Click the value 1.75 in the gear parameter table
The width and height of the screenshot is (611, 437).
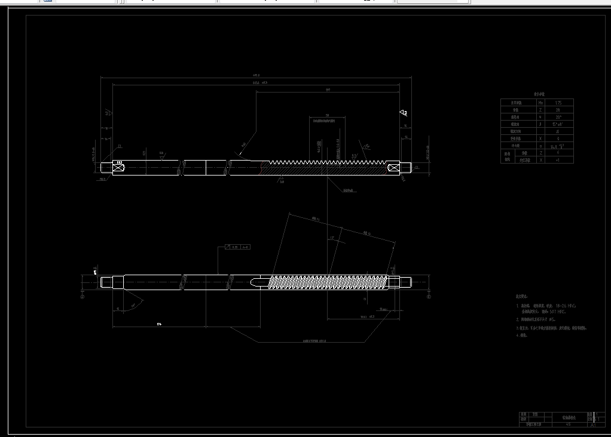tap(558, 103)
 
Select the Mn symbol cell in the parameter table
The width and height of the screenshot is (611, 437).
tap(540, 103)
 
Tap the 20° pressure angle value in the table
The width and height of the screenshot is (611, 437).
tap(558, 117)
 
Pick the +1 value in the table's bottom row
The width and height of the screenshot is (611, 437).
tap(558, 159)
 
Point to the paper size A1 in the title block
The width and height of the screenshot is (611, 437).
tap(593, 424)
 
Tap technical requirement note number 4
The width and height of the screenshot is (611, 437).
tap(518, 335)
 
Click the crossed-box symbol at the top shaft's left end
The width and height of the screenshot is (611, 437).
tap(118, 168)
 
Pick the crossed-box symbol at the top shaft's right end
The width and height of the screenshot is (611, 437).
tap(393, 168)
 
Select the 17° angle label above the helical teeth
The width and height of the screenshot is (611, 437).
tap(331, 238)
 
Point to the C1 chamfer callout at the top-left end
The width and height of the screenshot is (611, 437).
tap(120, 146)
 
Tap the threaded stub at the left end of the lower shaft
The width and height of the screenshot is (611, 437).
tap(106, 281)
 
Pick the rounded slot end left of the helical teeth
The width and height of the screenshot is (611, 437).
tap(253, 281)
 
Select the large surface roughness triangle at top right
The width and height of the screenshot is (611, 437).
tap(404, 112)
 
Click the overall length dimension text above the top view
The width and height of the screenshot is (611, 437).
tap(256, 75)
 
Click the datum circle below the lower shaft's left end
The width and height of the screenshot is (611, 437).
tap(83, 295)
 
